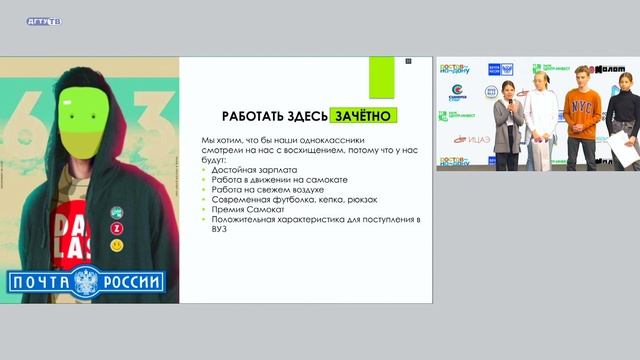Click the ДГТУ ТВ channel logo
43,21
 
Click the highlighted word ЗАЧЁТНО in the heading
366,116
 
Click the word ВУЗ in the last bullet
218,229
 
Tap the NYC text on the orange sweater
580,104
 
